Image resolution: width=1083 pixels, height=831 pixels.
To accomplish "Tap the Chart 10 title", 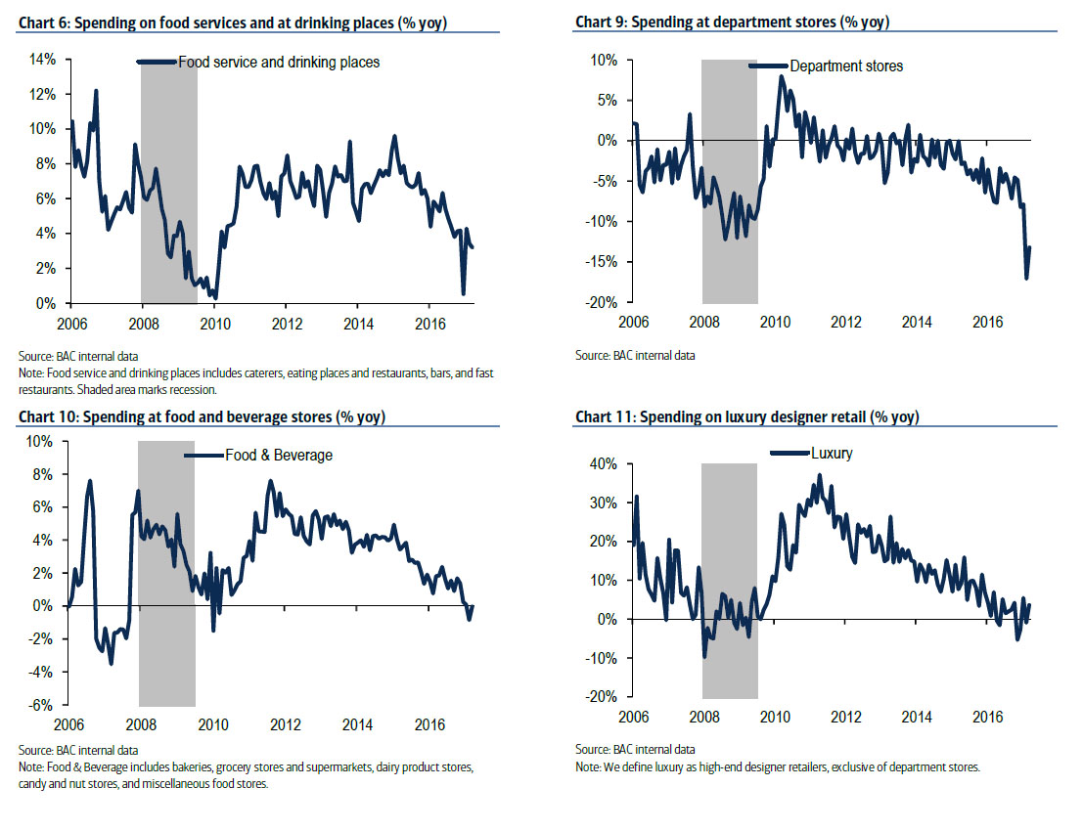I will [202, 417].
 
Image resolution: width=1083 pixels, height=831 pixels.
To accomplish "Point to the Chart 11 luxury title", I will [746, 417].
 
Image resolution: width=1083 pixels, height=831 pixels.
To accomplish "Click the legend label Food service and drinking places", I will [278, 62].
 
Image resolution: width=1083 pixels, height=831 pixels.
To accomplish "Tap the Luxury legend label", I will [833, 453].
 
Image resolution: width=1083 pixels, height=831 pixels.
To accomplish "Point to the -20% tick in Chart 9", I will [602, 303].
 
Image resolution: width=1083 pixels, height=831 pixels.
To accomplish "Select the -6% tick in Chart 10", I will [40, 705].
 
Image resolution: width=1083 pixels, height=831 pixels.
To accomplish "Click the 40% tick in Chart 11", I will [603, 463].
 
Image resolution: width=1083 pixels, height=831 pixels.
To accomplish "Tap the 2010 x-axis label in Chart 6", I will [214, 323].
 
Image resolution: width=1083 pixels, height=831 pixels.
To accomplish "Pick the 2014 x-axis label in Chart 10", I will [358, 724].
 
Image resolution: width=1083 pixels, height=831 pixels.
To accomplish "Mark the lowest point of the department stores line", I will [1026, 279].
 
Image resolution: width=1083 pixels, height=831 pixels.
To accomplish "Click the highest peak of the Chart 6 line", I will [96, 90].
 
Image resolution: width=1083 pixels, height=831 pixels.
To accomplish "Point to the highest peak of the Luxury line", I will [820, 475].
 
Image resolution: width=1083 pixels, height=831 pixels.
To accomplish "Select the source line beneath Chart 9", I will [635, 356].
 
